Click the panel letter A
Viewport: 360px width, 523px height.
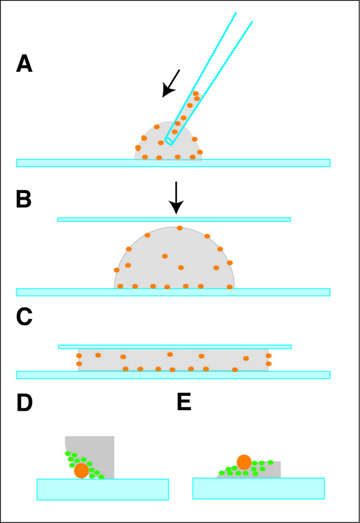point(24,64)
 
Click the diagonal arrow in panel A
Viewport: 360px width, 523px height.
point(171,83)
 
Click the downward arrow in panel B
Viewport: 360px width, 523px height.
point(175,198)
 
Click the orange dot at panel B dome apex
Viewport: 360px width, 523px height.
point(179,228)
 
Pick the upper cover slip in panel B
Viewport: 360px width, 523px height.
point(174,220)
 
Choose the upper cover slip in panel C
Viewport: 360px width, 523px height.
point(174,347)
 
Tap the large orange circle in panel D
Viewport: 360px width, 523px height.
point(82,470)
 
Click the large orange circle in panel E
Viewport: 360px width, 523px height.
point(244,462)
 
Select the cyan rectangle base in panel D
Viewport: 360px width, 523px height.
point(102,489)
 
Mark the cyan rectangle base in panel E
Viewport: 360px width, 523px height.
point(258,488)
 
